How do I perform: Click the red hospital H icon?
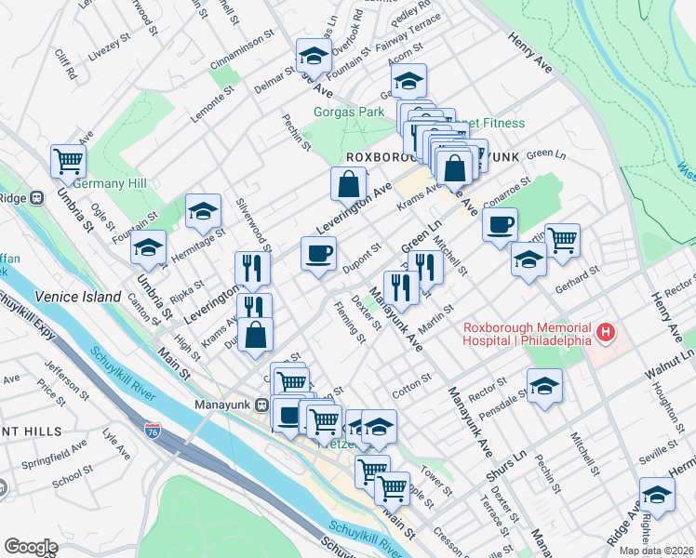[606, 331]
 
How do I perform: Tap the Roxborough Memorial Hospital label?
[529, 333]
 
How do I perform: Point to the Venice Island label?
[78, 297]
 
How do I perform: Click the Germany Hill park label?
[110, 184]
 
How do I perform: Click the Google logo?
[31, 547]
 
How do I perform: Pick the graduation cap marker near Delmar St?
[314, 57]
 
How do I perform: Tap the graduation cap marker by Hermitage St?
[203, 212]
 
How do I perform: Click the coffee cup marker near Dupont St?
[318, 253]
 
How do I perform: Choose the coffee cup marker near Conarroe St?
[500, 225]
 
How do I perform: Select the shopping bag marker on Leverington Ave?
[347, 183]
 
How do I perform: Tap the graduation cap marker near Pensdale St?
[544, 386]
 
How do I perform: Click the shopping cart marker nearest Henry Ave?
[562, 241]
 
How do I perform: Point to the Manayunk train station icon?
[262, 405]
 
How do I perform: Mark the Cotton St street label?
[412, 387]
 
